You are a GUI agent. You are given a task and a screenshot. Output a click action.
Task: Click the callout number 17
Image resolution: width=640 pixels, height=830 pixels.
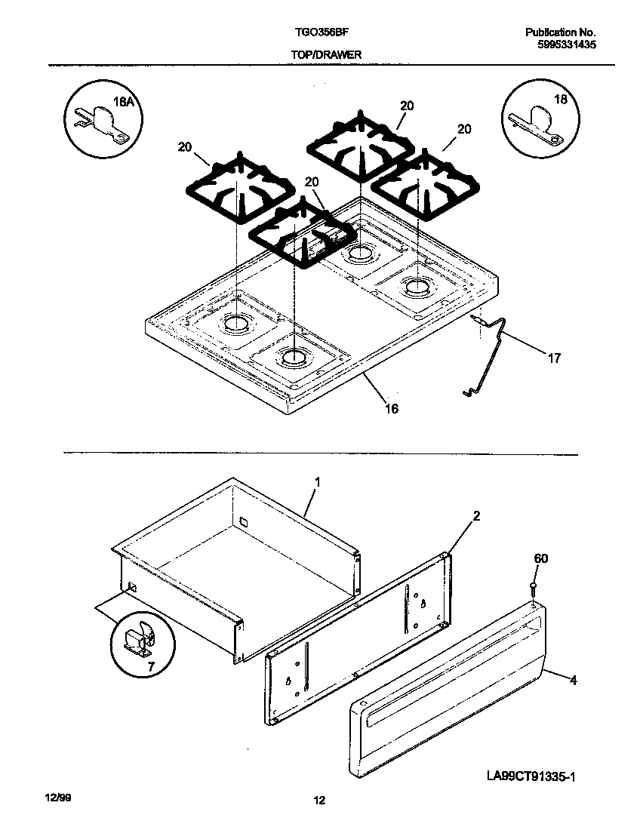554,358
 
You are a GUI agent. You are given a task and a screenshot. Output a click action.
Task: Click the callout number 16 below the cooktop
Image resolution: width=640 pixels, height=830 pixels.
391,408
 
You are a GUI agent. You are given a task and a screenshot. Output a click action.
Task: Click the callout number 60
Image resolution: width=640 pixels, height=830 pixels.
541,558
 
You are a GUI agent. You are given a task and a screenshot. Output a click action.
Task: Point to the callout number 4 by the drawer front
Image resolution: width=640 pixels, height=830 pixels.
573,680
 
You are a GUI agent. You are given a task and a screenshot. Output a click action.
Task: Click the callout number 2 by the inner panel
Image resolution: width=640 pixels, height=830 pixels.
476,516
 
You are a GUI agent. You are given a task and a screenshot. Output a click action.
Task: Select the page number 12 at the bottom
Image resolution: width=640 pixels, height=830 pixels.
320,801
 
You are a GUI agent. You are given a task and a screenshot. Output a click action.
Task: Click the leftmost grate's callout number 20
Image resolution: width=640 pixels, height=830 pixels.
185,147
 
